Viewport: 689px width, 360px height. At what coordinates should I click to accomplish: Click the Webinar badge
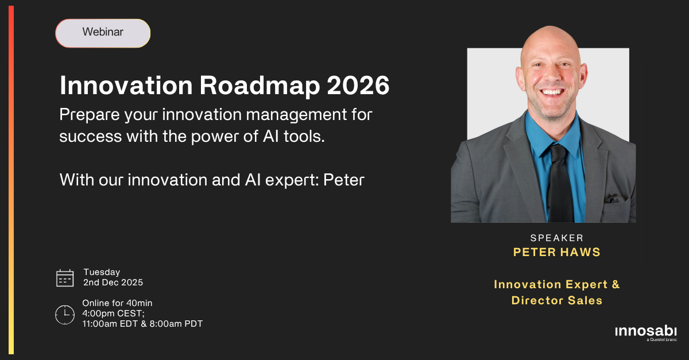pyautogui.click(x=103, y=33)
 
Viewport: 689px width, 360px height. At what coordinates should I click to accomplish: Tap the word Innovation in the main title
pyautogui.click(x=125, y=86)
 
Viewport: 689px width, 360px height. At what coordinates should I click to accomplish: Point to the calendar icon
pyautogui.click(x=65, y=278)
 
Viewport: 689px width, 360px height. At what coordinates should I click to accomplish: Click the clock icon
pyautogui.click(x=65, y=314)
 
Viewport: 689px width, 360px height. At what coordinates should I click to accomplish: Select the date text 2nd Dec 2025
pyautogui.click(x=113, y=282)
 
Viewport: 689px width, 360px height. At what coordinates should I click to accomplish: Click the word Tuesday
pyautogui.click(x=102, y=272)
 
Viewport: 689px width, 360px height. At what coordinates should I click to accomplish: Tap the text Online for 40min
pyautogui.click(x=117, y=303)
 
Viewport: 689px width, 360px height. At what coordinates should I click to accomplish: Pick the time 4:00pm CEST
pyautogui.click(x=115, y=313)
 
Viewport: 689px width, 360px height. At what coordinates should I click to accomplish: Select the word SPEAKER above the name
pyautogui.click(x=557, y=238)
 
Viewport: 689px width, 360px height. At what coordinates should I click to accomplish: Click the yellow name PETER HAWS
pyautogui.click(x=557, y=251)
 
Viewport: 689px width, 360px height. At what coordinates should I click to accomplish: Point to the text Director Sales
pyautogui.click(x=557, y=300)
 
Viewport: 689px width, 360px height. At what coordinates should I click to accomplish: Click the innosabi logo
pyautogui.click(x=645, y=332)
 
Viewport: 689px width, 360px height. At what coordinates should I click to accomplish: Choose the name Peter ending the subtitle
pyautogui.click(x=344, y=180)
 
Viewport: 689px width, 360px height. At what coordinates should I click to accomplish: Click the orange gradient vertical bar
pyautogui.click(x=11, y=180)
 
